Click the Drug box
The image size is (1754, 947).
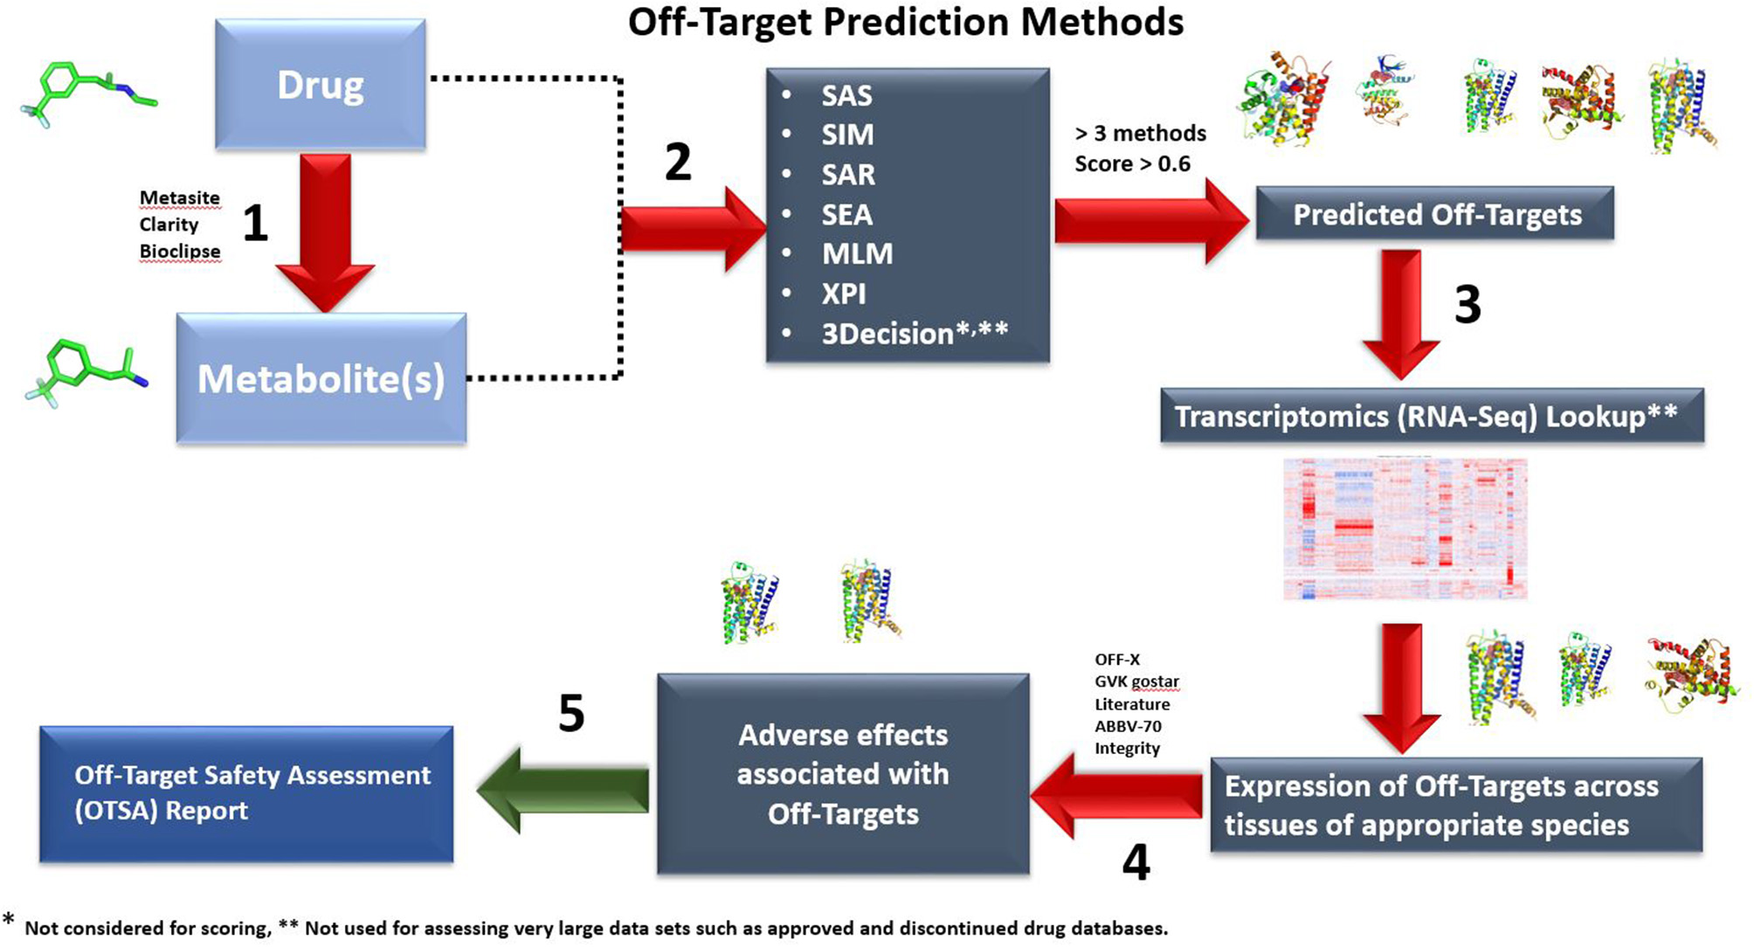[321, 85]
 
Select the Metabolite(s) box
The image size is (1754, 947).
[321, 378]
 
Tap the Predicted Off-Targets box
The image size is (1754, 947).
[1435, 214]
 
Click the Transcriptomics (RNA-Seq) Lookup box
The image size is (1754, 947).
[1432, 416]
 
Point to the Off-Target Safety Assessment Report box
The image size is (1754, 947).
[246, 793]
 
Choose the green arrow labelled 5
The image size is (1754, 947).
[564, 789]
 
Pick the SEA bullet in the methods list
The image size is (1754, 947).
[846, 214]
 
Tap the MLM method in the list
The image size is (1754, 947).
[857, 253]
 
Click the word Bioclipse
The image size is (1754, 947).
[180, 252]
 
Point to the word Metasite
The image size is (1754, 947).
[180, 197]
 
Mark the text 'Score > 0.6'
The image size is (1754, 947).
[1132, 163]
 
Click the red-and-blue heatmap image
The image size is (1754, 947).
[1405, 529]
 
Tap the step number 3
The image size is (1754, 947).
[1467, 304]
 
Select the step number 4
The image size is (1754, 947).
[1136, 862]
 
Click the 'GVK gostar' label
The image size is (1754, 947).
[1136, 681]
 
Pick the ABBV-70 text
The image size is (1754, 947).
[1128, 726]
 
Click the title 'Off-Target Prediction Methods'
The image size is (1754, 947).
[906, 22]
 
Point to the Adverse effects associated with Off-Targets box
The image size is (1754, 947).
[843, 774]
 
